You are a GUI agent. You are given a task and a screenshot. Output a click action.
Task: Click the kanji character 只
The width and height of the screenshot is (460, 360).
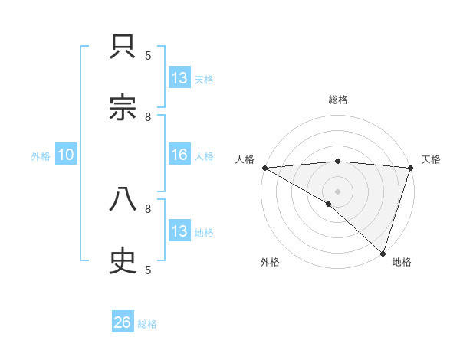pos(123,47)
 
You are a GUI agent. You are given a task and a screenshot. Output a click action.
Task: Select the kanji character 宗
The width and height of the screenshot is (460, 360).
pos(123,107)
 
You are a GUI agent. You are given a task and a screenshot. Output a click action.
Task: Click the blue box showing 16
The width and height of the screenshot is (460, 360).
pos(179,155)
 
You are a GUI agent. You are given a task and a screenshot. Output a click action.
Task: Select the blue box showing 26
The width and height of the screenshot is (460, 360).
pos(123,323)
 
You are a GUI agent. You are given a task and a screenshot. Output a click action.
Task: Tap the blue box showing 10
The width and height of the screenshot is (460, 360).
pos(66,155)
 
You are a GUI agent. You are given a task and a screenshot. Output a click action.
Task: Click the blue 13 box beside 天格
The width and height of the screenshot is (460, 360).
pos(179,78)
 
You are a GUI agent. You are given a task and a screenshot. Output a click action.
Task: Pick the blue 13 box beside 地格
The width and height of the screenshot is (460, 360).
pos(179,231)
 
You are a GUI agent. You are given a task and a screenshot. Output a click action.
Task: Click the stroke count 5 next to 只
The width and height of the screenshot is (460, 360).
pos(148,56)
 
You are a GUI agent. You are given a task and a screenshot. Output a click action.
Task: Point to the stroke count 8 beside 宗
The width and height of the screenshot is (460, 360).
pos(148,117)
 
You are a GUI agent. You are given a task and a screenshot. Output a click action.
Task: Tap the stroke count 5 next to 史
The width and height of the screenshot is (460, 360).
pos(148,270)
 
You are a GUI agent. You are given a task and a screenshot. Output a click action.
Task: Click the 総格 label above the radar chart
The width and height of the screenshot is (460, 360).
pos(338,100)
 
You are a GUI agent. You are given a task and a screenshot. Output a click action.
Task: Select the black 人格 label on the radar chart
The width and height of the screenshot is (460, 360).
pos(245,159)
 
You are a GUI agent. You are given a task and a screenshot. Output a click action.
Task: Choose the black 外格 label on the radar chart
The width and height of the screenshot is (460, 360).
pos(270,262)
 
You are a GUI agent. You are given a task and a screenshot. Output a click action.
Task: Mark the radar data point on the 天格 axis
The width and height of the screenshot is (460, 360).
pos(411,168)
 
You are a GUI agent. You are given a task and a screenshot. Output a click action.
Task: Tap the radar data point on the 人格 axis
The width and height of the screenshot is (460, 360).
pos(264,168)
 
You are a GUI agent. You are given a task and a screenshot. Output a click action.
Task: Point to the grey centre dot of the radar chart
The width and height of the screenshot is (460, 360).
pos(338,191)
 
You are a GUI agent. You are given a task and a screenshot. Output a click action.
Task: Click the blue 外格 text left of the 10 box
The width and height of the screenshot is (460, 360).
pos(41,156)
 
